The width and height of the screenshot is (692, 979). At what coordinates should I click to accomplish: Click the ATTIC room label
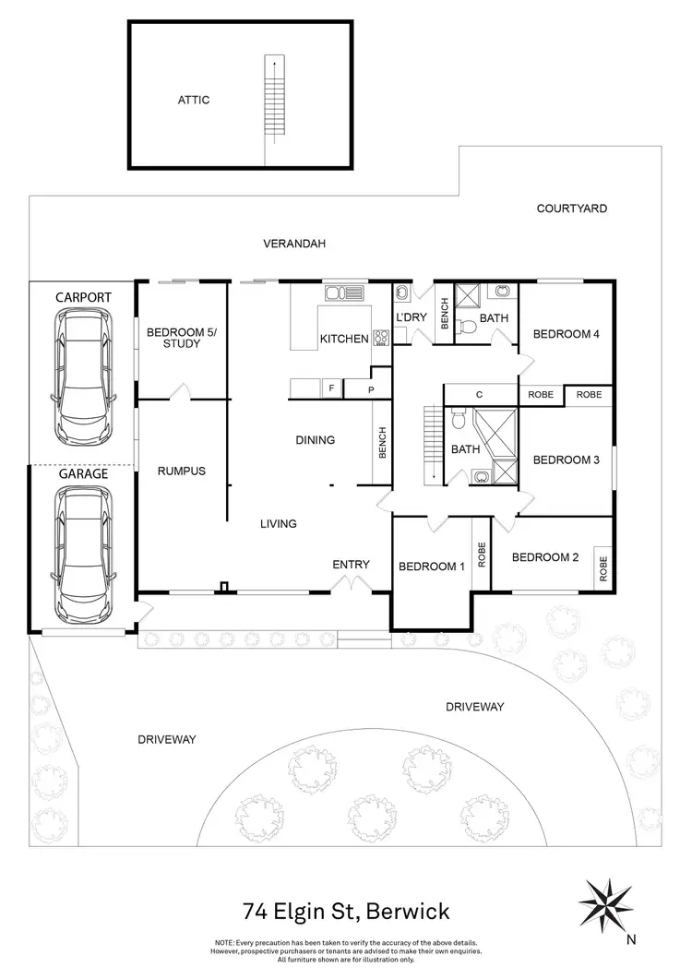(194, 100)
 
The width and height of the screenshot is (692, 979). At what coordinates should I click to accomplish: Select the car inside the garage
(83, 555)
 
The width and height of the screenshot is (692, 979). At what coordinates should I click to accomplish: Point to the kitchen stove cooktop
(381, 338)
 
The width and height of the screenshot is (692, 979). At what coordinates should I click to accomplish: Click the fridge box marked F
(331, 388)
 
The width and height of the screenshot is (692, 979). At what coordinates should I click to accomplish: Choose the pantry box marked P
(371, 390)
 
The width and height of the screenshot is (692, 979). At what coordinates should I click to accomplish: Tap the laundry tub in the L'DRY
(403, 293)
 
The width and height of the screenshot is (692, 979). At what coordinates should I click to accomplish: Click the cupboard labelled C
(480, 395)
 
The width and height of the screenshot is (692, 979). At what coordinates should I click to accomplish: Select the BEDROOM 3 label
(566, 460)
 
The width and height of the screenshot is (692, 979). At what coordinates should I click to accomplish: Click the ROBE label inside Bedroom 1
(482, 555)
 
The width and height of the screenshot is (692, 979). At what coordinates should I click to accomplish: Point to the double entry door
(351, 584)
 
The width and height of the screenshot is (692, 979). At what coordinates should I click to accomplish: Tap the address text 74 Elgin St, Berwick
(346, 912)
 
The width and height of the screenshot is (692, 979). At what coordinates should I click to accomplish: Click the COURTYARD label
(571, 209)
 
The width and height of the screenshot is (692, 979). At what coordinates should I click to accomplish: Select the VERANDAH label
(294, 244)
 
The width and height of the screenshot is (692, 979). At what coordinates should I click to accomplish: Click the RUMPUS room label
(181, 472)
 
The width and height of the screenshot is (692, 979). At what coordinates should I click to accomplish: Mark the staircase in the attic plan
(273, 98)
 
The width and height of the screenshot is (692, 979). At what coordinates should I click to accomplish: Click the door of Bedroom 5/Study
(181, 391)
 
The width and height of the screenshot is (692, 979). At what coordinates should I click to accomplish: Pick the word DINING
(316, 440)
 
